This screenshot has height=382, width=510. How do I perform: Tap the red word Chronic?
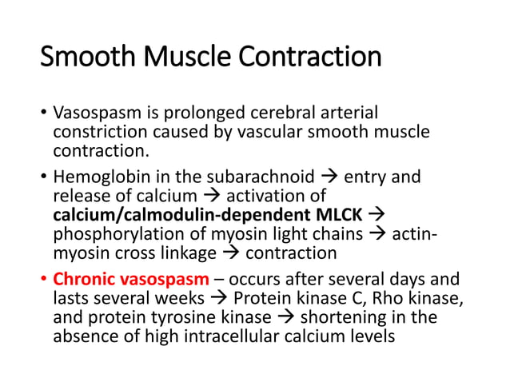pos(80,280)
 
